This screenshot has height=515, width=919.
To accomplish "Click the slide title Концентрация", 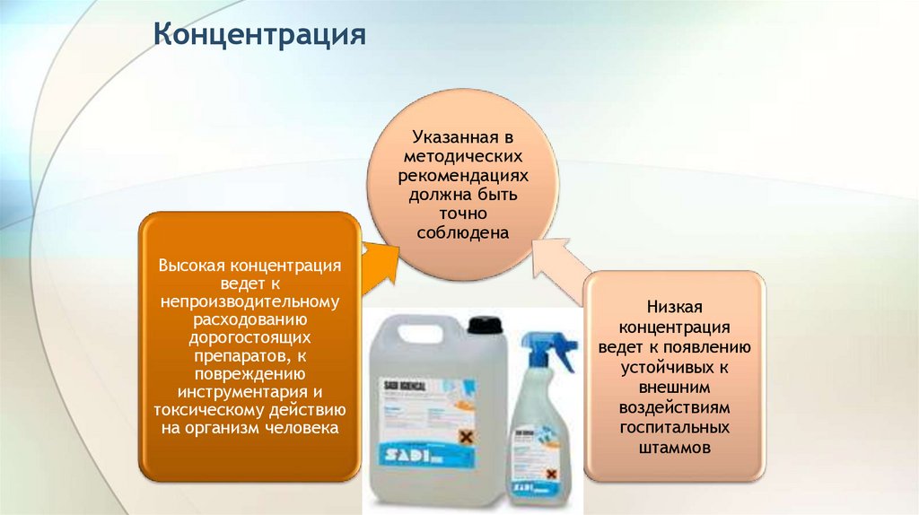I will click(259, 35).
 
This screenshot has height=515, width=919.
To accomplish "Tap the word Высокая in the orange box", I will click(192, 266).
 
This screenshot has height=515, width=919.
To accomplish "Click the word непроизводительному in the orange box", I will click(250, 302).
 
